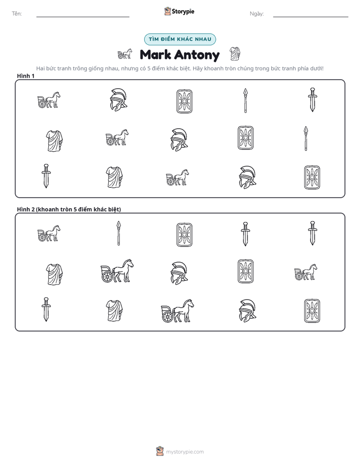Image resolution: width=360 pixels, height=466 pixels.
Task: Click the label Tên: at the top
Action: [x=17, y=14]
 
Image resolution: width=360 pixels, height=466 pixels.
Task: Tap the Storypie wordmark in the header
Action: [x=183, y=12]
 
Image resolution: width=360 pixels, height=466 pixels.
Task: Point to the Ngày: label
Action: [x=257, y=14]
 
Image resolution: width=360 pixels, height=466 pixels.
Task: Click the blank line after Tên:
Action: [x=83, y=17]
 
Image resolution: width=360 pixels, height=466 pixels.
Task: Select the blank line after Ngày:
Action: [x=311, y=17]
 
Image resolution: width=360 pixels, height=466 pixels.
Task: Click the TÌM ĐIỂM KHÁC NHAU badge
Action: [x=180, y=39]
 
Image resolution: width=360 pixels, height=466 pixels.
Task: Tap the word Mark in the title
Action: [x=155, y=54]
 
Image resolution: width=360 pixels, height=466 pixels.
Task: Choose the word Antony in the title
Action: [x=197, y=55]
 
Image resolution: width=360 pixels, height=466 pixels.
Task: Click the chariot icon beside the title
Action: [x=125, y=54]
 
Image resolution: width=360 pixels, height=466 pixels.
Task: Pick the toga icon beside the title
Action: [x=235, y=54]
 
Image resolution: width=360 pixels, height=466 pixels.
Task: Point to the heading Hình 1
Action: [x=26, y=76]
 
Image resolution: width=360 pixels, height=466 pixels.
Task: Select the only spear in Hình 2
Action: [x=118, y=234]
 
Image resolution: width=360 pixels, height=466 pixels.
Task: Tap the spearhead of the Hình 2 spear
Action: [x=118, y=225]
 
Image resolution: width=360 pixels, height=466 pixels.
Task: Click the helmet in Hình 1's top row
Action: [x=118, y=99]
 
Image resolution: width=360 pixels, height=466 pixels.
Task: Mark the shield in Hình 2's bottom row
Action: [x=312, y=311]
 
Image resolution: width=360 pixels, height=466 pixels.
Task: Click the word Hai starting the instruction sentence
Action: [x=40, y=69]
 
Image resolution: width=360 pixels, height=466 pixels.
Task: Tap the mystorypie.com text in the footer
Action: [x=185, y=452]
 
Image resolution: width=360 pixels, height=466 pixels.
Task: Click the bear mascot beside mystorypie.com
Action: [x=160, y=451]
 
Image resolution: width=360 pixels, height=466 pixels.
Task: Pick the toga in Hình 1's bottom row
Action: [x=114, y=177]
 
